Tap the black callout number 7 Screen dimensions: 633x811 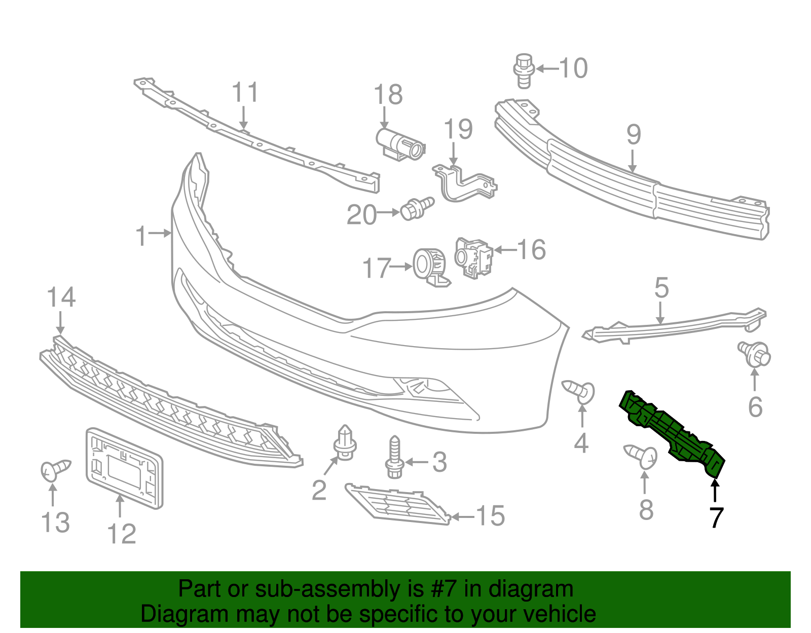tap(716, 517)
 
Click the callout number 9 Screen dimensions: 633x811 tap(634, 135)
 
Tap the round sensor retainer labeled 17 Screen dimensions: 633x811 tap(428, 266)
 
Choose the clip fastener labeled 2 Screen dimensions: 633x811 tap(345, 443)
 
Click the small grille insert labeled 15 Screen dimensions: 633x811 tap(398, 504)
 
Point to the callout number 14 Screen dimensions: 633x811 tap(61, 297)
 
